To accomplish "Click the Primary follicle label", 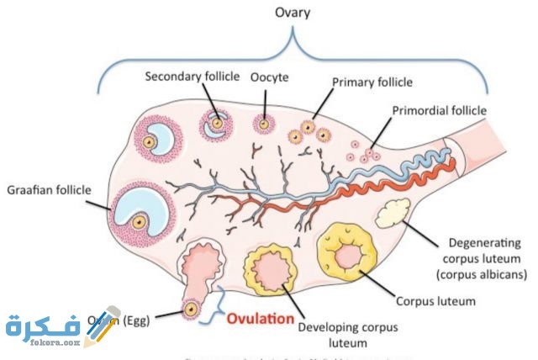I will (x=372, y=82).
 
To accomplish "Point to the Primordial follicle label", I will (x=440, y=110).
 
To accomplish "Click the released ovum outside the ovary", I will (x=192, y=310).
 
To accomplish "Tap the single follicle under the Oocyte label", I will (x=265, y=124).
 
